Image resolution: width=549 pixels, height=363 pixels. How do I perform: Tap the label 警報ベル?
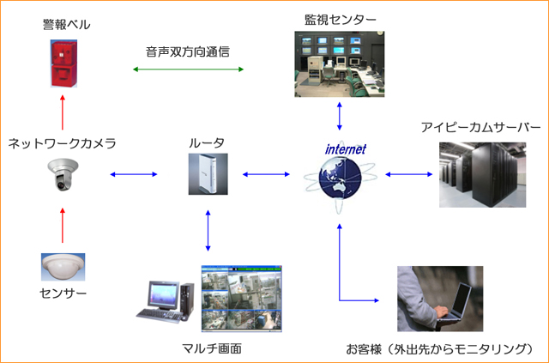[66, 25]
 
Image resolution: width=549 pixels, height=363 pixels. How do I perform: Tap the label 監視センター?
[341, 19]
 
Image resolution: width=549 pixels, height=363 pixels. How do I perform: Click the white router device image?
[208, 174]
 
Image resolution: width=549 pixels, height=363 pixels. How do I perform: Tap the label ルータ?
[207, 142]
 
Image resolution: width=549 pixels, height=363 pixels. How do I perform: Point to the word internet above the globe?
[345, 148]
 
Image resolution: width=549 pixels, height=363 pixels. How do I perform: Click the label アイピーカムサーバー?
[480, 127]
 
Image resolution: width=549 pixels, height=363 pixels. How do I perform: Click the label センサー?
[64, 294]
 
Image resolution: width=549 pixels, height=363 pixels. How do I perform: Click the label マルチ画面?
[212, 348]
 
